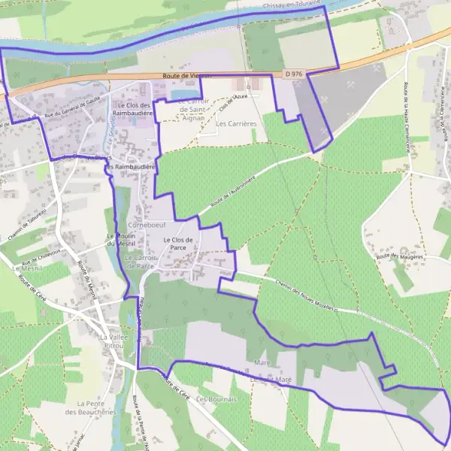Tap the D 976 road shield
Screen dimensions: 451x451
tap(293, 74)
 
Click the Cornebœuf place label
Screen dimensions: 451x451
tap(146, 224)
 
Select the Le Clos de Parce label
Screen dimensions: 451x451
tap(179, 243)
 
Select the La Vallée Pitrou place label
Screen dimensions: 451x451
tap(113, 343)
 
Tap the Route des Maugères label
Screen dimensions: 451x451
tap(401, 257)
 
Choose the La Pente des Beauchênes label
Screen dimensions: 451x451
tap(89, 407)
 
